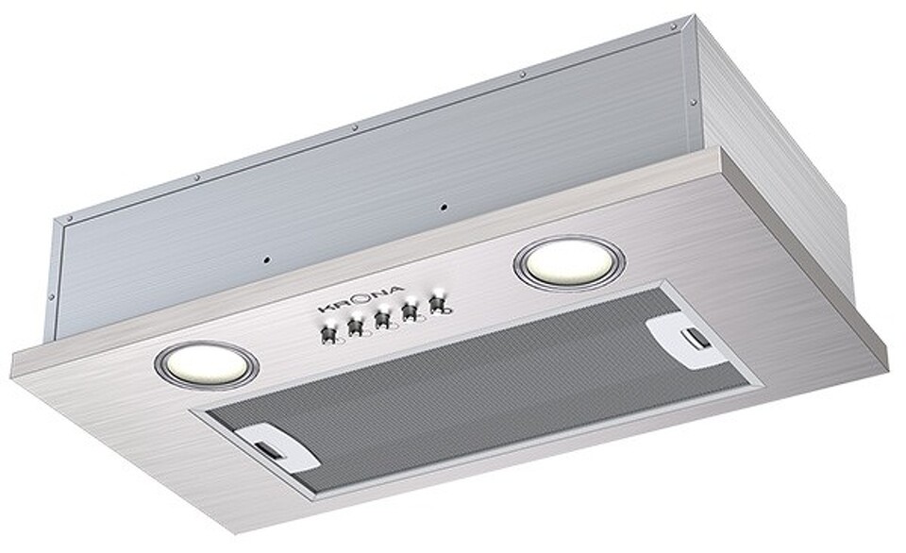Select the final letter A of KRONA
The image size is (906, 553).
[x=399, y=289]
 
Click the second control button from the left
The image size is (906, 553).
[x=356, y=327]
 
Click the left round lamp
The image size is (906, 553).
[x=207, y=363]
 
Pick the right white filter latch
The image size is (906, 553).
[x=687, y=338]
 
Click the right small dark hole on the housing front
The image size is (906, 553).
[x=442, y=204]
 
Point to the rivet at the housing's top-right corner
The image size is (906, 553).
[x=673, y=27]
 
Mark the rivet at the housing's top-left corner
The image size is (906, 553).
[x=67, y=219]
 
